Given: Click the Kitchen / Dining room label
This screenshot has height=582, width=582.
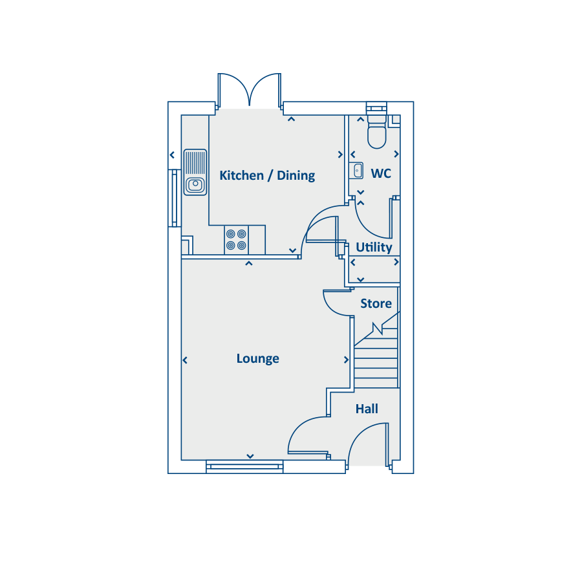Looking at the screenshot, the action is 267,175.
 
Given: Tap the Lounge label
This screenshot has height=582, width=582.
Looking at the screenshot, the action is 257,358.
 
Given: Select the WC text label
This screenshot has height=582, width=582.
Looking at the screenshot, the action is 381,173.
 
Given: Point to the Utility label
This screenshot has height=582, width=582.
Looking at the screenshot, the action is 374,247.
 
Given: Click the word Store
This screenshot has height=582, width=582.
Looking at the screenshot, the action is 376,304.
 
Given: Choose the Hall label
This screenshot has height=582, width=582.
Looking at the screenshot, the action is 367,409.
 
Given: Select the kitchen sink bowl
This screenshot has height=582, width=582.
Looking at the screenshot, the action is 195,184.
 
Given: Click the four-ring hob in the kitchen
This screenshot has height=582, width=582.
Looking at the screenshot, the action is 236,240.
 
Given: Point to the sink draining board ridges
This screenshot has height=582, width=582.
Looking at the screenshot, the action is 195,162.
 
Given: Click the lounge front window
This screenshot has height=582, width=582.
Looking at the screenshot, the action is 244,466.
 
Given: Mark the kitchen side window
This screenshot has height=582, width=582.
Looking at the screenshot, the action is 175,198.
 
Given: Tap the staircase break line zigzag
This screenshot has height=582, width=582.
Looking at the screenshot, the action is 378,329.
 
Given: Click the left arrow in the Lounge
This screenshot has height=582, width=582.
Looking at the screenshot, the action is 185,360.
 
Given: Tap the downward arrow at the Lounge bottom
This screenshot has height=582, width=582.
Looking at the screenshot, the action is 250,456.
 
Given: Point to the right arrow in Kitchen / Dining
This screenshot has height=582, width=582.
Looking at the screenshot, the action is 340,155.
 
